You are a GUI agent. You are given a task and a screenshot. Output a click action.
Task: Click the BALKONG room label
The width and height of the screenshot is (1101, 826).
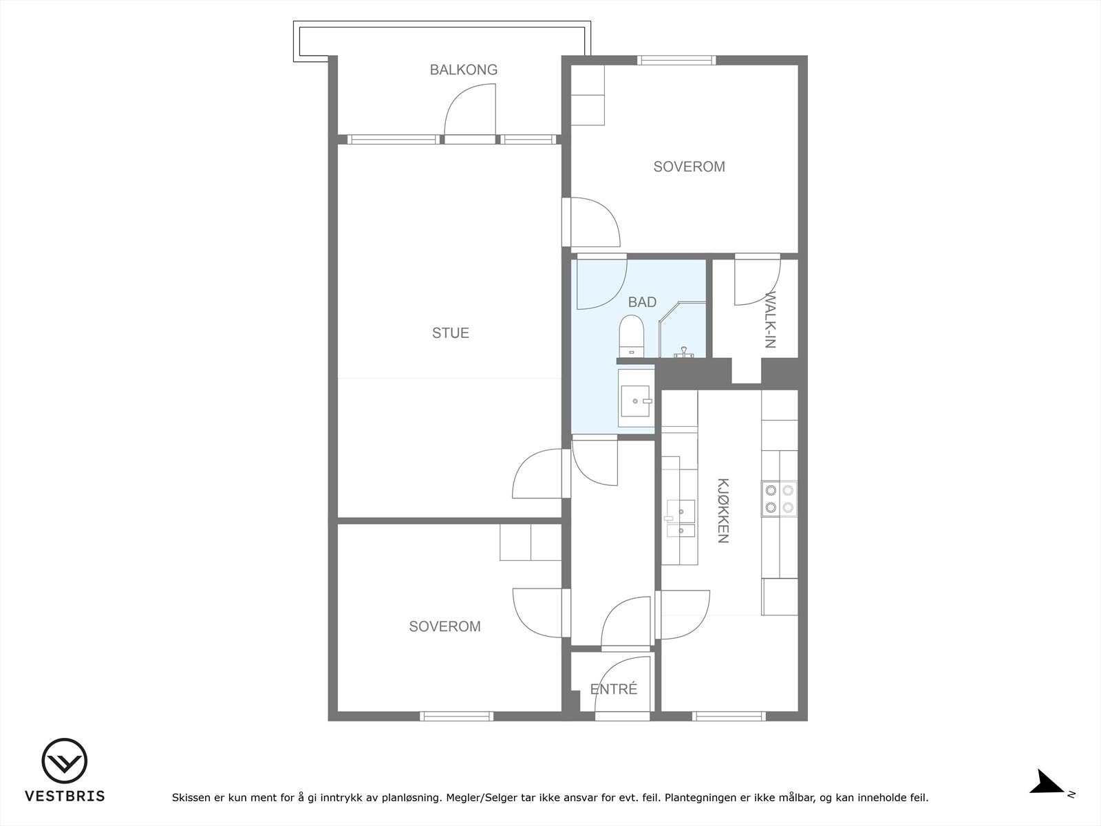(x=464, y=70)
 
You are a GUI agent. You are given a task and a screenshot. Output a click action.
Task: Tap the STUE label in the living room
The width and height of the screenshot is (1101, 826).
(x=451, y=333)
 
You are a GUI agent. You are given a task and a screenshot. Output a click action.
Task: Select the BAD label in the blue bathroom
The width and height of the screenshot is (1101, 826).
(x=642, y=302)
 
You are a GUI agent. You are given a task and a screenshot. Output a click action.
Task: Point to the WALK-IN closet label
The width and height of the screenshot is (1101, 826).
(x=770, y=319)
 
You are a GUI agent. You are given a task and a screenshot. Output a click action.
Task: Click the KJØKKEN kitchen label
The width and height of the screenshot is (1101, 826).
(x=723, y=511)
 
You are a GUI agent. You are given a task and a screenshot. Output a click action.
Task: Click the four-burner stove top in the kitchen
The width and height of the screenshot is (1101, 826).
(x=779, y=499)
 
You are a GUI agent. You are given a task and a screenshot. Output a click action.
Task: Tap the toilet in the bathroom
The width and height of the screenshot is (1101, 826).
(x=631, y=336)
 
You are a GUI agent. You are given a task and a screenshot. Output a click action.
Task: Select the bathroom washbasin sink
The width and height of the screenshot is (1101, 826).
(x=636, y=401)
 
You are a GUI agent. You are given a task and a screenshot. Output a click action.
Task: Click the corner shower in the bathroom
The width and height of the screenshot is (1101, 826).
(x=682, y=330)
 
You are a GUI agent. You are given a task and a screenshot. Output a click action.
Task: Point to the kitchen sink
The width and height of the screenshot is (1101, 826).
(x=680, y=518)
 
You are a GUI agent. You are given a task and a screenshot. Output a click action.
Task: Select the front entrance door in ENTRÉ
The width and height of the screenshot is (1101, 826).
(x=623, y=688)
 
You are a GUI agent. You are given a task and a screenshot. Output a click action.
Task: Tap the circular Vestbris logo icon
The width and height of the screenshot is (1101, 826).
(x=65, y=761)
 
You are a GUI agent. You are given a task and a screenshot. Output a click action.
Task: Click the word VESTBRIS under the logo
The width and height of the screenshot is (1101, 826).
(x=65, y=796)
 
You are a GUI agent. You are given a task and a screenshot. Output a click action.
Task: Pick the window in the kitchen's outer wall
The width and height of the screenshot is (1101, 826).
(x=729, y=716)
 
